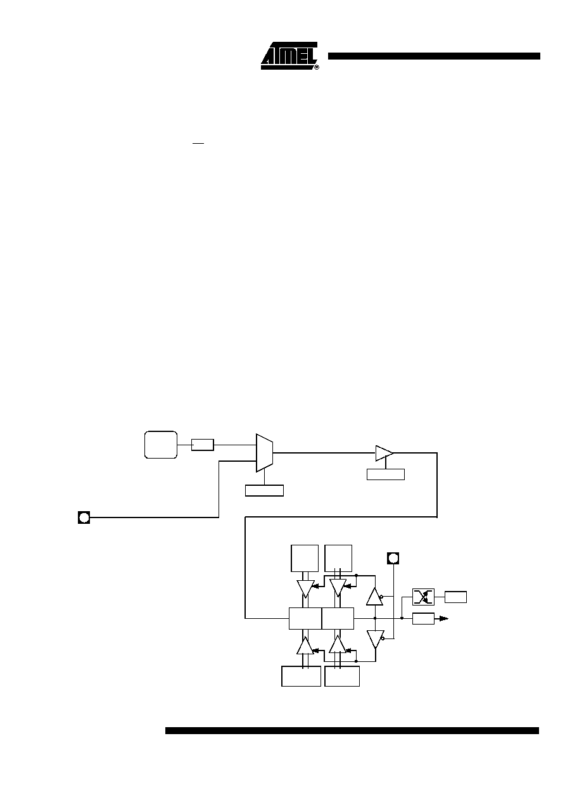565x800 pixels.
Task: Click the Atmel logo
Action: tap(289, 56)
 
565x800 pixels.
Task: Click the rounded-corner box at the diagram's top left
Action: tap(161, 445)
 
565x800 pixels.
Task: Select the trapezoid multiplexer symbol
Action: tap(264, 453)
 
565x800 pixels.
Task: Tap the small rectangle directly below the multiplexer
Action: tap(264, 490)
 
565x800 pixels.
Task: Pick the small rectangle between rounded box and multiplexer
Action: tap(203, 445)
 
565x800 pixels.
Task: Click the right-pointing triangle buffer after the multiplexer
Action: tap(384, 453)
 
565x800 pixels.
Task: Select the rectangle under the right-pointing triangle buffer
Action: tap(386, 474)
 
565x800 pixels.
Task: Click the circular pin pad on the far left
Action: tap(84, 517)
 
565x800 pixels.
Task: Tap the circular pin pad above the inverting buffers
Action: tap(393, 558)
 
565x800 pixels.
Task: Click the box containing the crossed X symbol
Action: tap(423, 597)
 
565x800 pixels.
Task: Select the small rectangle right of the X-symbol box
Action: tap(455, 597)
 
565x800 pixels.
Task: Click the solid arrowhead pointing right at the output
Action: tap(444, 618)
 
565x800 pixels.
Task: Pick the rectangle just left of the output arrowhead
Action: tap(423, 619)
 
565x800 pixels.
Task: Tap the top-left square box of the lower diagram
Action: tap(305, 558)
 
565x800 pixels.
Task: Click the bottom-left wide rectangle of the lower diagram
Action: tap(301, 676)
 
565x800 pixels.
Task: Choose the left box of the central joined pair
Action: tap(305, 618)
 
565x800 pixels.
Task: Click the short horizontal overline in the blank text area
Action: tap(198, 143)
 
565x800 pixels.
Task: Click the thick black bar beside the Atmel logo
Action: tap(434, 56)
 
